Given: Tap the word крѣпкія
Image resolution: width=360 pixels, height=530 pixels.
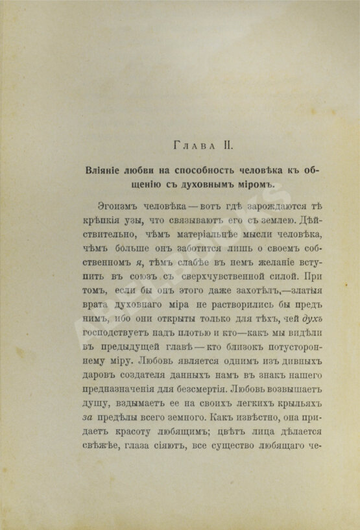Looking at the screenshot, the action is tap(102, 219).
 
